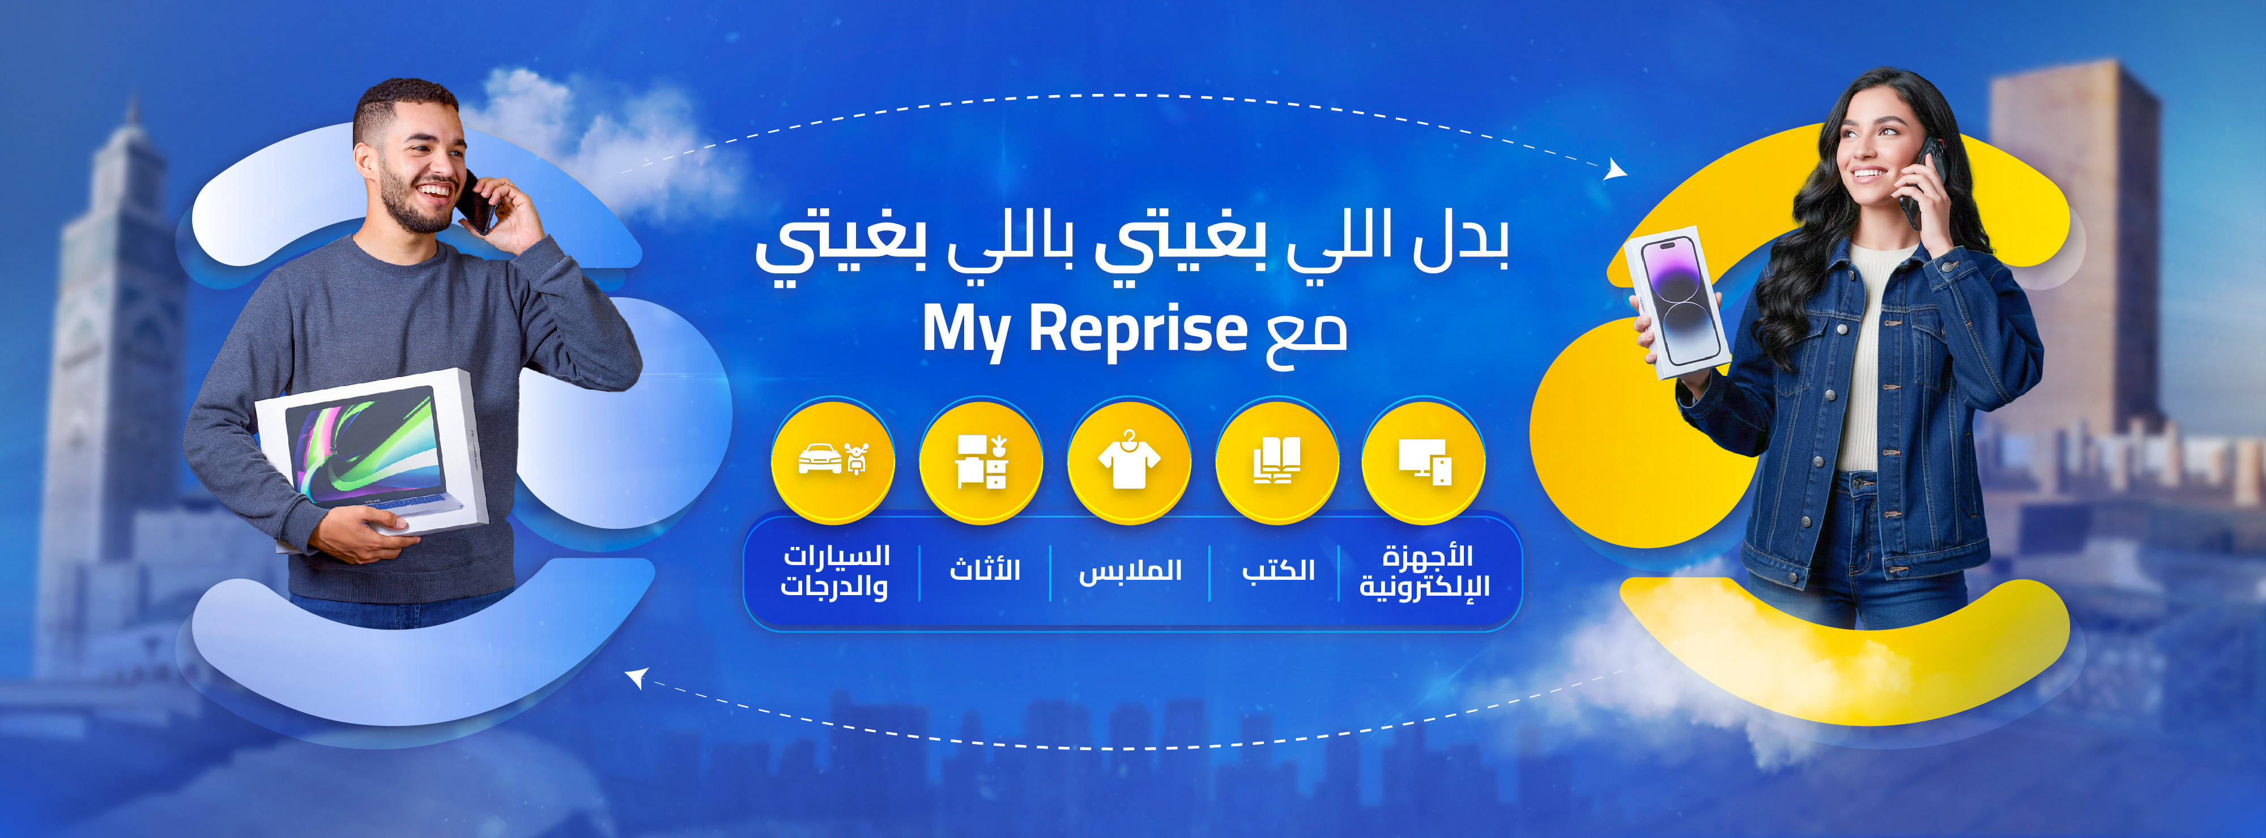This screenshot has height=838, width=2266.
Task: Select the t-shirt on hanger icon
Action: (x=1128, y=460)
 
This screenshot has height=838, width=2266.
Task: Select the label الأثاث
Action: (x=985, y=569)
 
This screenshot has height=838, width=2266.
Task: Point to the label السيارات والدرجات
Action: (x=835, y=571)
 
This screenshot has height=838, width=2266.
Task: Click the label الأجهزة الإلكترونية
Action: (x=1425, y=571)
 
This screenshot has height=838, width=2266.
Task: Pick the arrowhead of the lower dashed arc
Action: (x=637, y=677)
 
